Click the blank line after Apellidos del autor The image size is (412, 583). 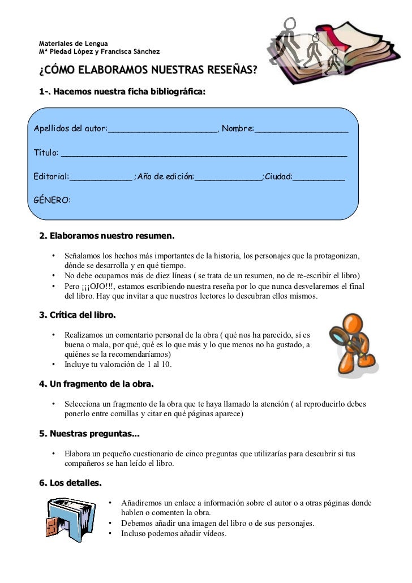[162, 129]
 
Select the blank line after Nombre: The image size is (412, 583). [302, 129]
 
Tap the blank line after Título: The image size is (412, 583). [204, 154]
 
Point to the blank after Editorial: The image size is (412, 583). [100, 178]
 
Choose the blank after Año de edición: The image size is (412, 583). [228, 178]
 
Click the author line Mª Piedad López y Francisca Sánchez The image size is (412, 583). [99, 52]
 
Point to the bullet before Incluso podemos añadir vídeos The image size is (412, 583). [110, 533]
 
